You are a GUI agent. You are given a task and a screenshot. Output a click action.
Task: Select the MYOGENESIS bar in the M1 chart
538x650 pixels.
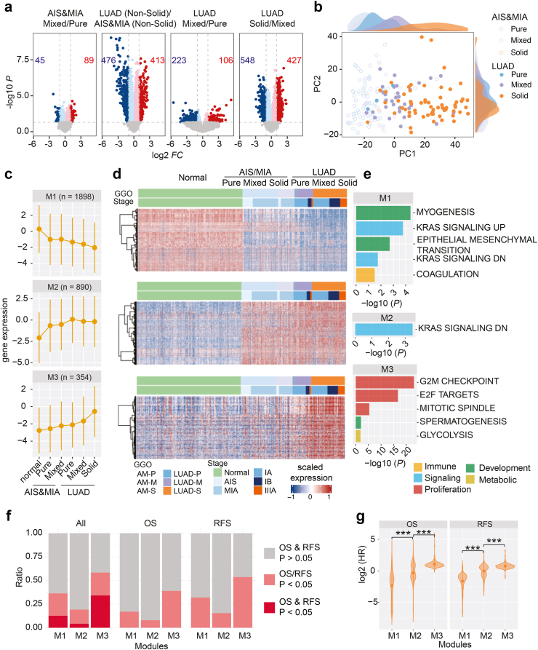pos(382,213)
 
